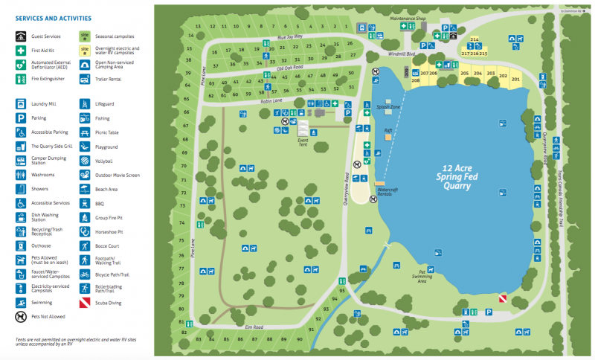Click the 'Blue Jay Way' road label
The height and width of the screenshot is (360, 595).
(x=289, y=36)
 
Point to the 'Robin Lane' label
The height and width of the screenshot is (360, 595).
(x=271, y=100)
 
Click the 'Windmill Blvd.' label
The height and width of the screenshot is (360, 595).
(x=401, y=54)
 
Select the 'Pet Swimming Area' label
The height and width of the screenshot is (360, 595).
(x=422, y=277)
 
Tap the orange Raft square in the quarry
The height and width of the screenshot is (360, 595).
(x=387, y=137)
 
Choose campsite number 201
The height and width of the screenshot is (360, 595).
(x=515, y=78)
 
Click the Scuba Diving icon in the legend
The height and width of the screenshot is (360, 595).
(x=85, y=303)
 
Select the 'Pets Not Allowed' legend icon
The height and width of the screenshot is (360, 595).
(x=21, y=316)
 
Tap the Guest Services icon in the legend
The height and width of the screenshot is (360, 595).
(x=21, y=35)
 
